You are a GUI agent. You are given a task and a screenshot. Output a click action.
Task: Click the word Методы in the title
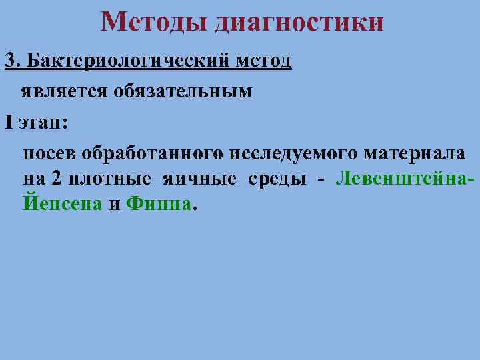(x=155, y=22)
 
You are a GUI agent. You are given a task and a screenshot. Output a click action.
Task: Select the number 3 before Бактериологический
(x=9, y=61)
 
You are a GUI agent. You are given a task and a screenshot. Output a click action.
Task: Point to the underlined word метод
(x=263, y=61)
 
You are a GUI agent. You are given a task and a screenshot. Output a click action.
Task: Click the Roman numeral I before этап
(x=8, y=123)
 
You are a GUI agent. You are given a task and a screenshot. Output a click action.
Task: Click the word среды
(x=278, y=179)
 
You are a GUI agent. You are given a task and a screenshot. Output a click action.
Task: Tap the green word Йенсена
(x=63, y=203)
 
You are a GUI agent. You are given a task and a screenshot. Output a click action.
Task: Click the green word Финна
(x=158, y=203)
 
